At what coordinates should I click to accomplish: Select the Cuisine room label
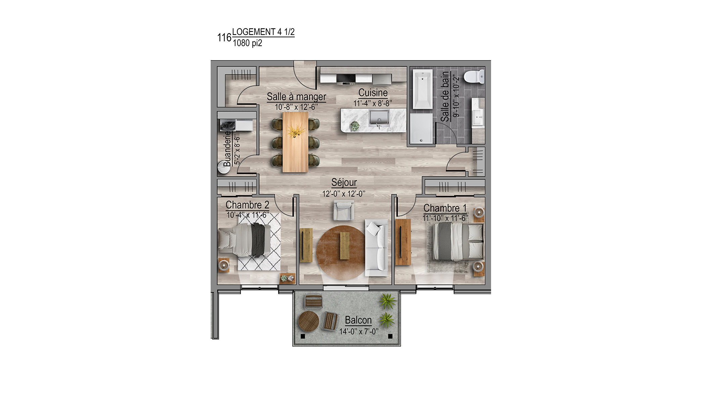click(373, 93)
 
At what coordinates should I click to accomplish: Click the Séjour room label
click(344, 182)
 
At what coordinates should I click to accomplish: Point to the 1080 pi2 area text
click(247, 43)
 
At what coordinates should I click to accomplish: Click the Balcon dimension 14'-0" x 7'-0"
click(359, 331)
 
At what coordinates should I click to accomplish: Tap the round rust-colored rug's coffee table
click(345, 245)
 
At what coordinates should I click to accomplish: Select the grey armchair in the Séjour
click(344, 210)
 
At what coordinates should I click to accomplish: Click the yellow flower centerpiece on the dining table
click(296, 131)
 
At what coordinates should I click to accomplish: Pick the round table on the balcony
click(308, 321)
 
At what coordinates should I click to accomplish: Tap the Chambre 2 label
click(247, 205)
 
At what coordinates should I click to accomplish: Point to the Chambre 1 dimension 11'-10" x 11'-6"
click(445, 218)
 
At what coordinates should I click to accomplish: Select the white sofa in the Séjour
click(377, 248)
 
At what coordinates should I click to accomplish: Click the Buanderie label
click(227, 148)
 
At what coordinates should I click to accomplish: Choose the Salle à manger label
click(296, 97)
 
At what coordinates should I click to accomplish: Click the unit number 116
click(224, 38)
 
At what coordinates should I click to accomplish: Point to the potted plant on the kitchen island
click(354, 126)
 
